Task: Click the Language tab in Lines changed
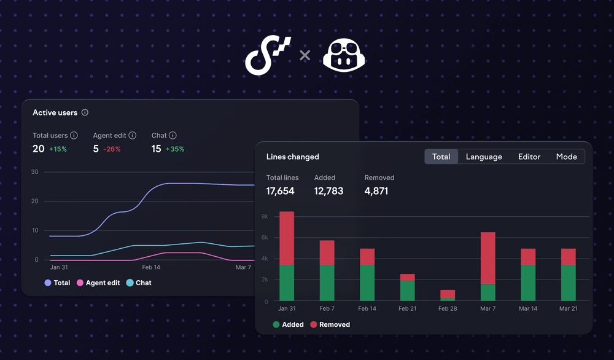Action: click(484, 157)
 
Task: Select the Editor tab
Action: click(529, 157)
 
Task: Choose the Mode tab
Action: click(566, 157)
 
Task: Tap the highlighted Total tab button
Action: click(441, 157)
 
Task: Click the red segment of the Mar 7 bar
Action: click(488, 258)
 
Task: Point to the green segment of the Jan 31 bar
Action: click(287, 283)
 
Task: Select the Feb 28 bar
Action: click(448, 295)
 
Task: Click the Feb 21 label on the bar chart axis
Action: click(408, 308)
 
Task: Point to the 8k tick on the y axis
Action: click(265, 217)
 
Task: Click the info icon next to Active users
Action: click(85, 112)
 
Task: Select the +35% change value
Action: click(175, 149)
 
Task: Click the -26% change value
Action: click(112, 149)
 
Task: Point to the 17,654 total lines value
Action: click(280, 191)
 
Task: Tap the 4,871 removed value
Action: click(376, 191)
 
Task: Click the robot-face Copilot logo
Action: click(344, 57)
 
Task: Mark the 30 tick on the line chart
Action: click(35, 172)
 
